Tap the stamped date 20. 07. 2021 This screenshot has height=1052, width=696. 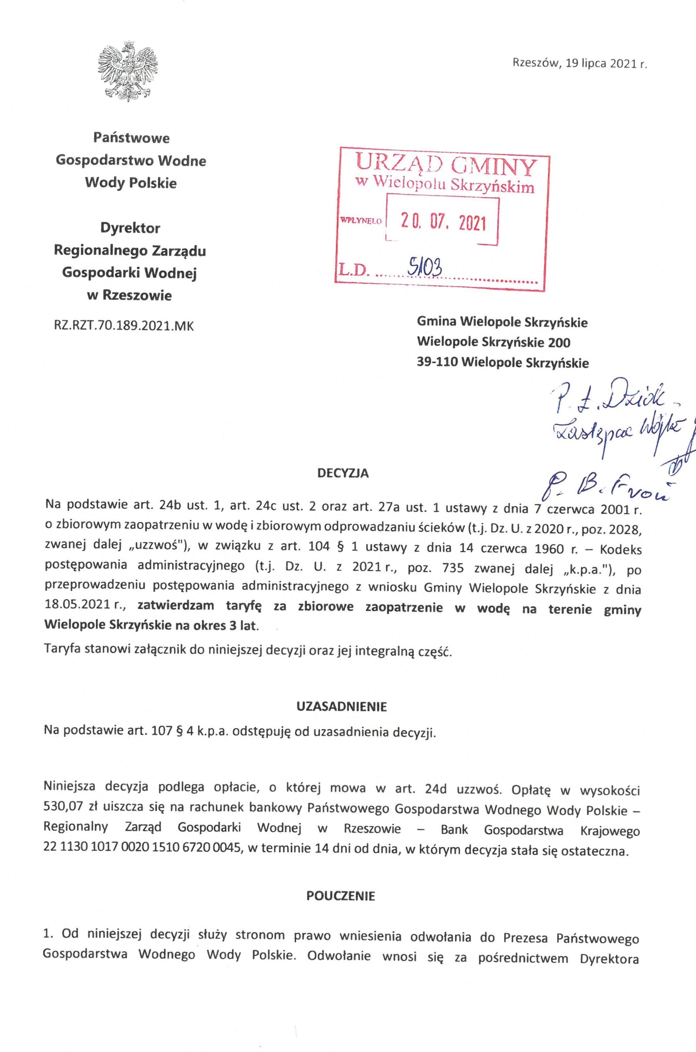click(x=443, y=222)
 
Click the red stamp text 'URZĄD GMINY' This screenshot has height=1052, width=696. click(x=446, y=166)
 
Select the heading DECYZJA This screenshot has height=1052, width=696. click(x=343, y=474)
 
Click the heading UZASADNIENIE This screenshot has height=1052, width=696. click(x=341, y=707)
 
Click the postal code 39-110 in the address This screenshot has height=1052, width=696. click(x=437, y=363)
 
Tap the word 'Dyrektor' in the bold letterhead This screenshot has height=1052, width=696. click(x=130, y=228)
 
